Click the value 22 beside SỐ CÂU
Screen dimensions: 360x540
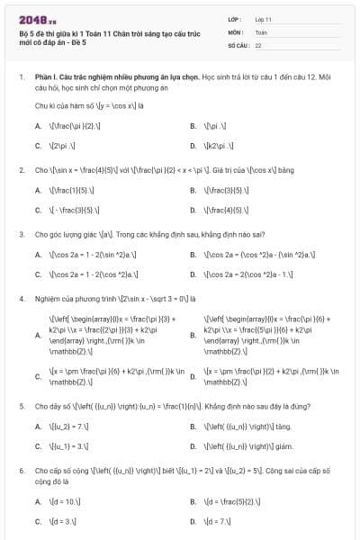click(258, 44)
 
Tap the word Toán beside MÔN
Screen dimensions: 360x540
click(261, 31)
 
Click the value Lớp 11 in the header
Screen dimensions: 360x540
click(263, 19)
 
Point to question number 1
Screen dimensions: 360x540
click(21, 78)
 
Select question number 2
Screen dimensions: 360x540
click(21, 169)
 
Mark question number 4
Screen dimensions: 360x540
click(21, 298)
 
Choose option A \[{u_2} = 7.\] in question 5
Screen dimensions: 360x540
click(68, 427)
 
